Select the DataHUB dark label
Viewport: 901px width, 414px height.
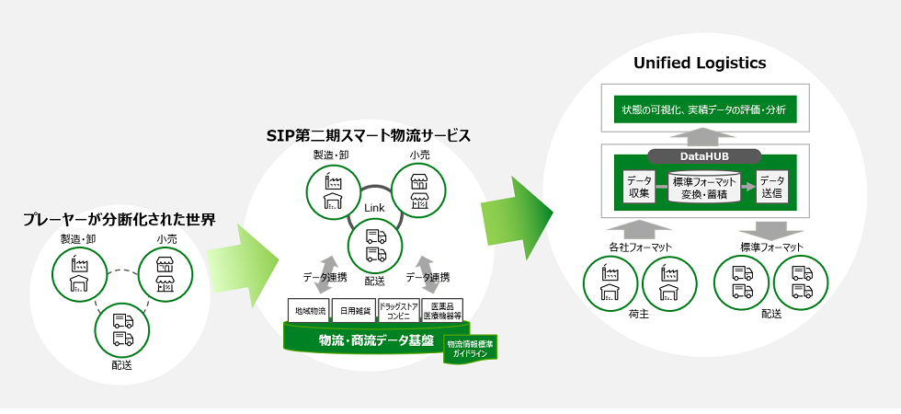click(x=705, y=157)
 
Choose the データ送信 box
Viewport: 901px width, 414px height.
click(x=772, y=187)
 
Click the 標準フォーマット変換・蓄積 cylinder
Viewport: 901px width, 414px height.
click(x=705, y=188)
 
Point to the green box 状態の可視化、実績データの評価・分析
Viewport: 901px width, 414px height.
click(x=705, y=110)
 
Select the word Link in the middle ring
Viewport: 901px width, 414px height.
click(x=372, y=208)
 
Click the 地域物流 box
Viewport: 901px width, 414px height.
click(x=308, y=311)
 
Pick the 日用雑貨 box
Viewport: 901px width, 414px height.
click(x=352, y=311)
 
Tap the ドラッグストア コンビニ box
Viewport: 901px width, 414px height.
click(x=397, y=311)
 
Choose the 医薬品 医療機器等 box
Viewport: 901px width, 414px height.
click(x=441, y=311)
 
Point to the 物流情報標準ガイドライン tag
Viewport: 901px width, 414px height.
click(x=470, y=350)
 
